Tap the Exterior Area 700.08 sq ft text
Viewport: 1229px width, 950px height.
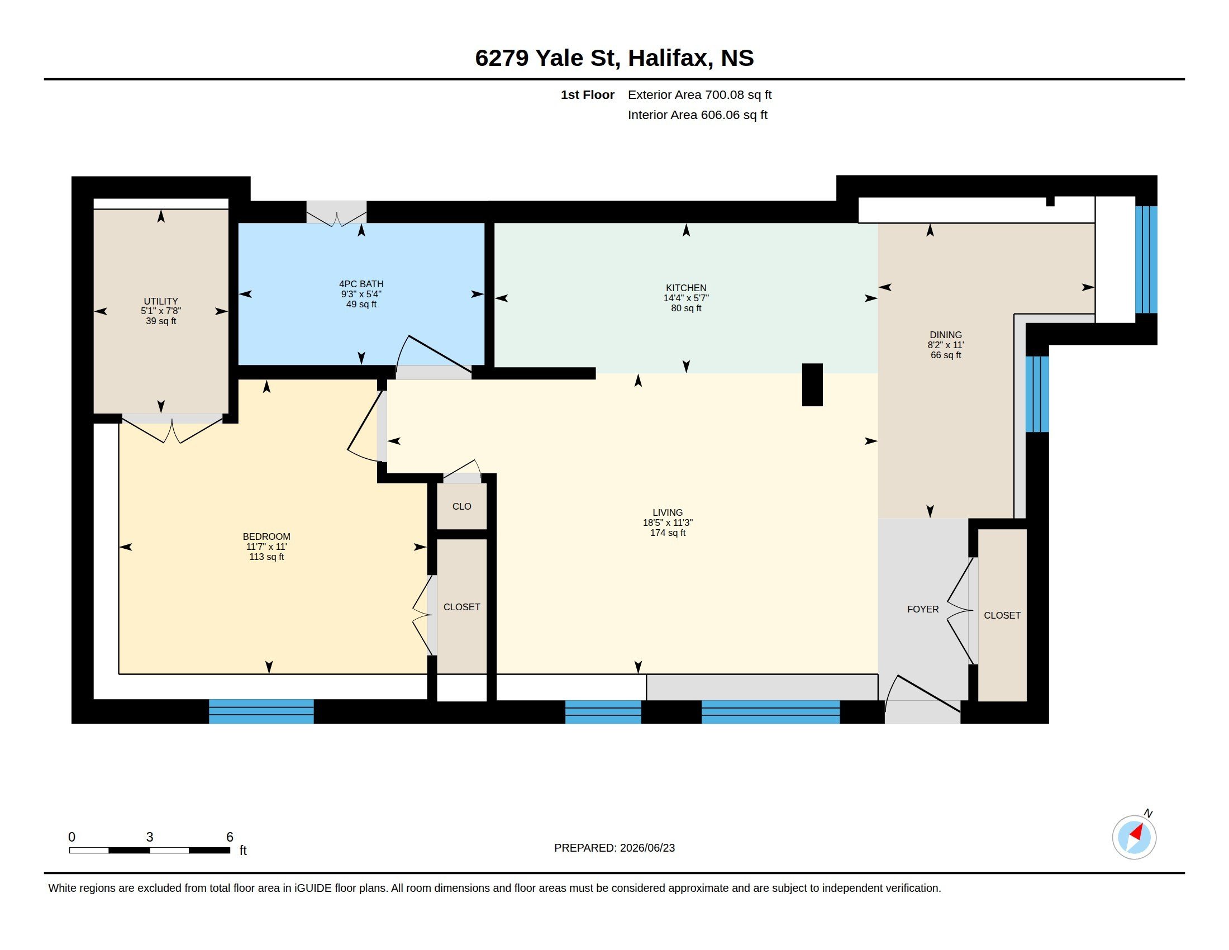[x=699, y=94]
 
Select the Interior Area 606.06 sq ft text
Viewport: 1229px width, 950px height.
[x=698, y=115]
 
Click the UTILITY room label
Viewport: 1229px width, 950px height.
[x=161, y=301]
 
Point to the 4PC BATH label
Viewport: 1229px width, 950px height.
[x=361, y=284]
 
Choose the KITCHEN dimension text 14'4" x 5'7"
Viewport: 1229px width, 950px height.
[x=686, y=298]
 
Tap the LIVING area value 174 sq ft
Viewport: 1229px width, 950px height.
[x=668, y=533]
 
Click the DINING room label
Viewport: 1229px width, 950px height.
[x=945, y=335]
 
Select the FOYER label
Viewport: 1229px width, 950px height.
[x=923, y=610]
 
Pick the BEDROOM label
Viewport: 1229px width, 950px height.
[x=266, y=537]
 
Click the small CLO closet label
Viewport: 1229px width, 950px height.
[x=461, y=506]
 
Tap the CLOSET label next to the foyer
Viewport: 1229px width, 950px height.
[x=1002, y=616]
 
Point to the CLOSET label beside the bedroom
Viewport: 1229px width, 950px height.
[x=462, y=607]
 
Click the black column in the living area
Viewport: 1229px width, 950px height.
[x=812, y=385]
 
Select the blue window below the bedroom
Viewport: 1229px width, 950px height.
[x=261, y=711]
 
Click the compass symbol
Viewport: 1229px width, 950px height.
[x=1135, y=837]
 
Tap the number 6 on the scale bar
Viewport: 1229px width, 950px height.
[x=230, y=837]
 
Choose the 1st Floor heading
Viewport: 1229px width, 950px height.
[x=588, y=94]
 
